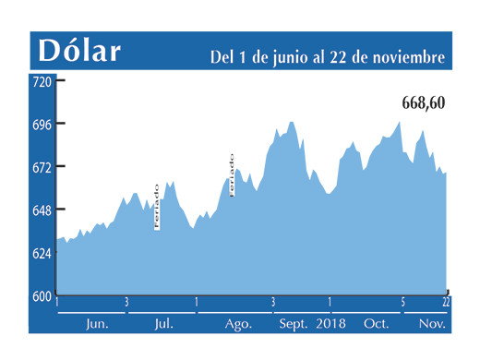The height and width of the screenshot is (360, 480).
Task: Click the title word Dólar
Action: [x=79, y=51]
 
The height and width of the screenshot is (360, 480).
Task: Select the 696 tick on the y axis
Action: [x=42, y=124]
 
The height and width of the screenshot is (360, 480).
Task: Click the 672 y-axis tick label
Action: [x=42, y=167]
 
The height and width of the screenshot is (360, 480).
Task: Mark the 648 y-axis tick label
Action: [x=42, y=210]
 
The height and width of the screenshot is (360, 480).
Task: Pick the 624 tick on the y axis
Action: [x=42, y=253]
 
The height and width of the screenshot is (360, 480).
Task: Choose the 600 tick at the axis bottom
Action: [x=42, y=296]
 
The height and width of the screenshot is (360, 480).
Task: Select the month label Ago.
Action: [x=238, y=324]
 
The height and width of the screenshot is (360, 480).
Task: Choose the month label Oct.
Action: [x=377, y=324]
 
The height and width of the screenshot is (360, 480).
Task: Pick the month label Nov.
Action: [x=431, y=324]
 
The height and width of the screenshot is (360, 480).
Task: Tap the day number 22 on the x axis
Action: [x=446, y=302]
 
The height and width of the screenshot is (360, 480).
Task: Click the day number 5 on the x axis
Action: [x=403, y=302]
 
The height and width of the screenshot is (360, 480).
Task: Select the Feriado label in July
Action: [x=157, y=205]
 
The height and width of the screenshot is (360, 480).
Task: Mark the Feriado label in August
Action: [x=231, y=174]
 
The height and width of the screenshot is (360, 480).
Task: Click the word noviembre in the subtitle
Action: [x=407, y=56]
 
